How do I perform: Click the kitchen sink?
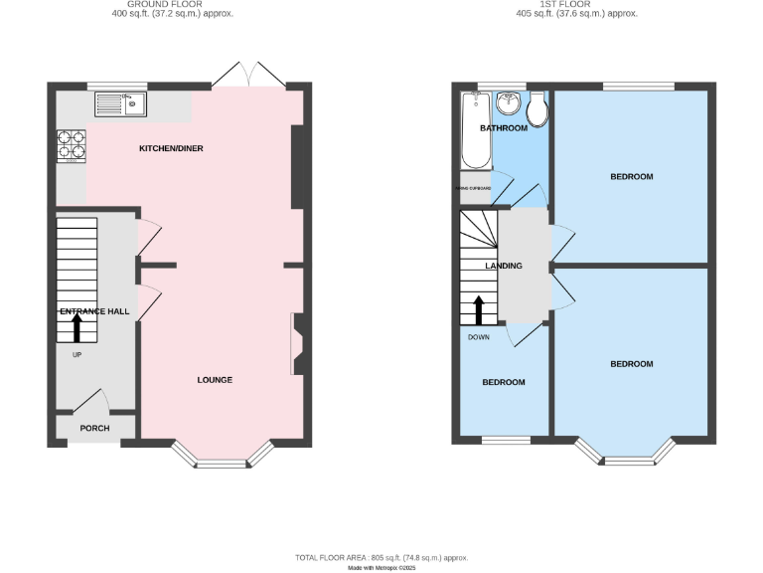point(121,102)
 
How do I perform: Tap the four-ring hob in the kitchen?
point(72,146)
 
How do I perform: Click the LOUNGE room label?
point(215,379)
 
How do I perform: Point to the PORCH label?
point(94,429)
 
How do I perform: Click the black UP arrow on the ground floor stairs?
point(76,326)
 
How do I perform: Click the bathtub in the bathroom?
point(474,129)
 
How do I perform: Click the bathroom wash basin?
point(509,103)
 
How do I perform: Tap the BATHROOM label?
point(504,129)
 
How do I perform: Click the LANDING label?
point(504,267)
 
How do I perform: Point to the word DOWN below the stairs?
point(479,336)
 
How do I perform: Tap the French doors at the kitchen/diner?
point(247,76)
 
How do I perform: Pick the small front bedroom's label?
point(504,382)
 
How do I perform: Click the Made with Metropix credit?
point(381,567)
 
